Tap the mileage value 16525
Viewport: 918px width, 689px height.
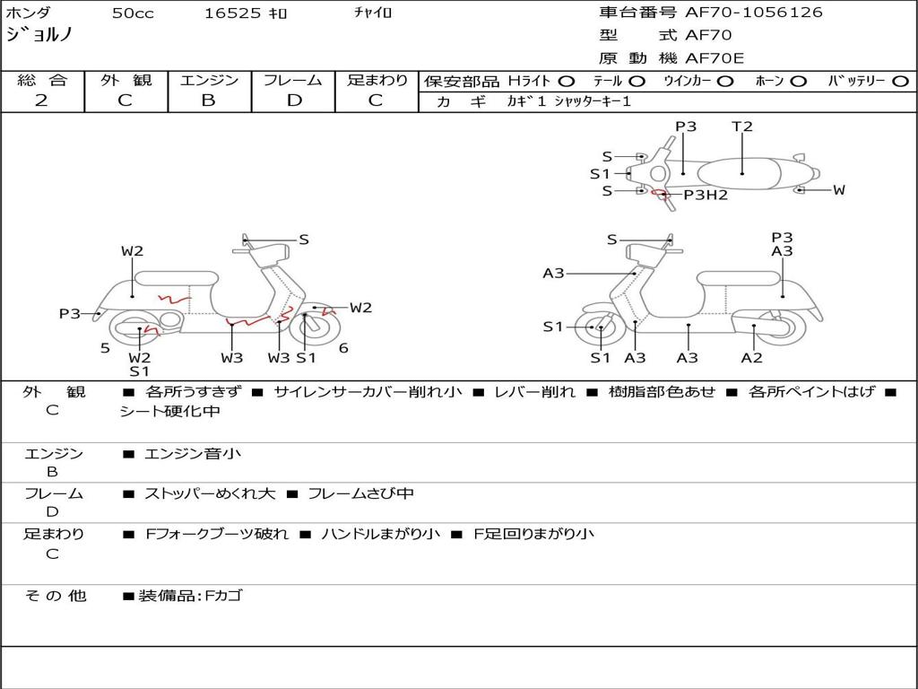232,13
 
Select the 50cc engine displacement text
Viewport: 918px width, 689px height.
133,13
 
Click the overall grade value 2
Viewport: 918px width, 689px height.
41,100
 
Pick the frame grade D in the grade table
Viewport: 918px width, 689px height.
294,100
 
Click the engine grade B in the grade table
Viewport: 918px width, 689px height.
208,100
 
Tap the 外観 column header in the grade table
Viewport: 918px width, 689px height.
126,81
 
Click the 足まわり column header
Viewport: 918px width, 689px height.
377,81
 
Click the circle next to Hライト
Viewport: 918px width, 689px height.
567,82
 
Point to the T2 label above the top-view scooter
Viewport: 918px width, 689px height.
742,126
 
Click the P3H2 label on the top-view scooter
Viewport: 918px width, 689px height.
706,195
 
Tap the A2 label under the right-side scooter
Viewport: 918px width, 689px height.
751,358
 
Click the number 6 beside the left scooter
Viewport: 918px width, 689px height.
343,348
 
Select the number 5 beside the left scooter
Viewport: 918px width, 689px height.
105,348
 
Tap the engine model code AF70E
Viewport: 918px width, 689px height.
714,58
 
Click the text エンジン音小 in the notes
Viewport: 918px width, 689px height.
193,454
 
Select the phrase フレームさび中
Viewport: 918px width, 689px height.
360,493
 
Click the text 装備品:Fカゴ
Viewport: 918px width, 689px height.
190,596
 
